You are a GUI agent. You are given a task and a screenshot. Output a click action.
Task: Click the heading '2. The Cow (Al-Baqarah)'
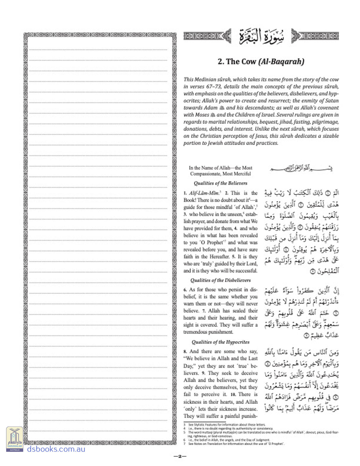pyautogui.click(x=261, y=62)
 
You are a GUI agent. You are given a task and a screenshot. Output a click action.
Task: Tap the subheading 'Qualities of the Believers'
pyautogui.click(x=220, y=183)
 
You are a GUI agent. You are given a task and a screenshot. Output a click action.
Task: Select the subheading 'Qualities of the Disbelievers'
pyautogui.click(x=220, y=280)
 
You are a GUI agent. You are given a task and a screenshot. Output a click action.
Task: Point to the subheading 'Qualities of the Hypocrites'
pyautogui.click(x=220, y=342)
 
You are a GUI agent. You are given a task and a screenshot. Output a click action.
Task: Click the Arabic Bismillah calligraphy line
pyautogui.click(x=301, y=169)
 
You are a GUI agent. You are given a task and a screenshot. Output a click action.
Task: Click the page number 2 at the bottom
pyautogui.click(x=180, y=456)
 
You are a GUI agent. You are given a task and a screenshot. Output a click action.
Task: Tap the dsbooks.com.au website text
pyautogui.click(x=56, y=449)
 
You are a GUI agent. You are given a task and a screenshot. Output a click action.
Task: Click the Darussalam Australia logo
pyautogui.click(x=15, y=439)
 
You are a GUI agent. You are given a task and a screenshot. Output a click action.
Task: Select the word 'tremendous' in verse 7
pyautogui.click(x=196, y=332)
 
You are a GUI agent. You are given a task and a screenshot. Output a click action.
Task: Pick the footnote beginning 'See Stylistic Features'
pyautogui.click(x=227, y=425)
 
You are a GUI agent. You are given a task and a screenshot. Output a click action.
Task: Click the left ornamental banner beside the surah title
pyautogui.click(x=207, y=36)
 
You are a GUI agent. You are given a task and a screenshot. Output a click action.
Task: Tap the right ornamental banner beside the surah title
pyautogui.click(x=315, y=36)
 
